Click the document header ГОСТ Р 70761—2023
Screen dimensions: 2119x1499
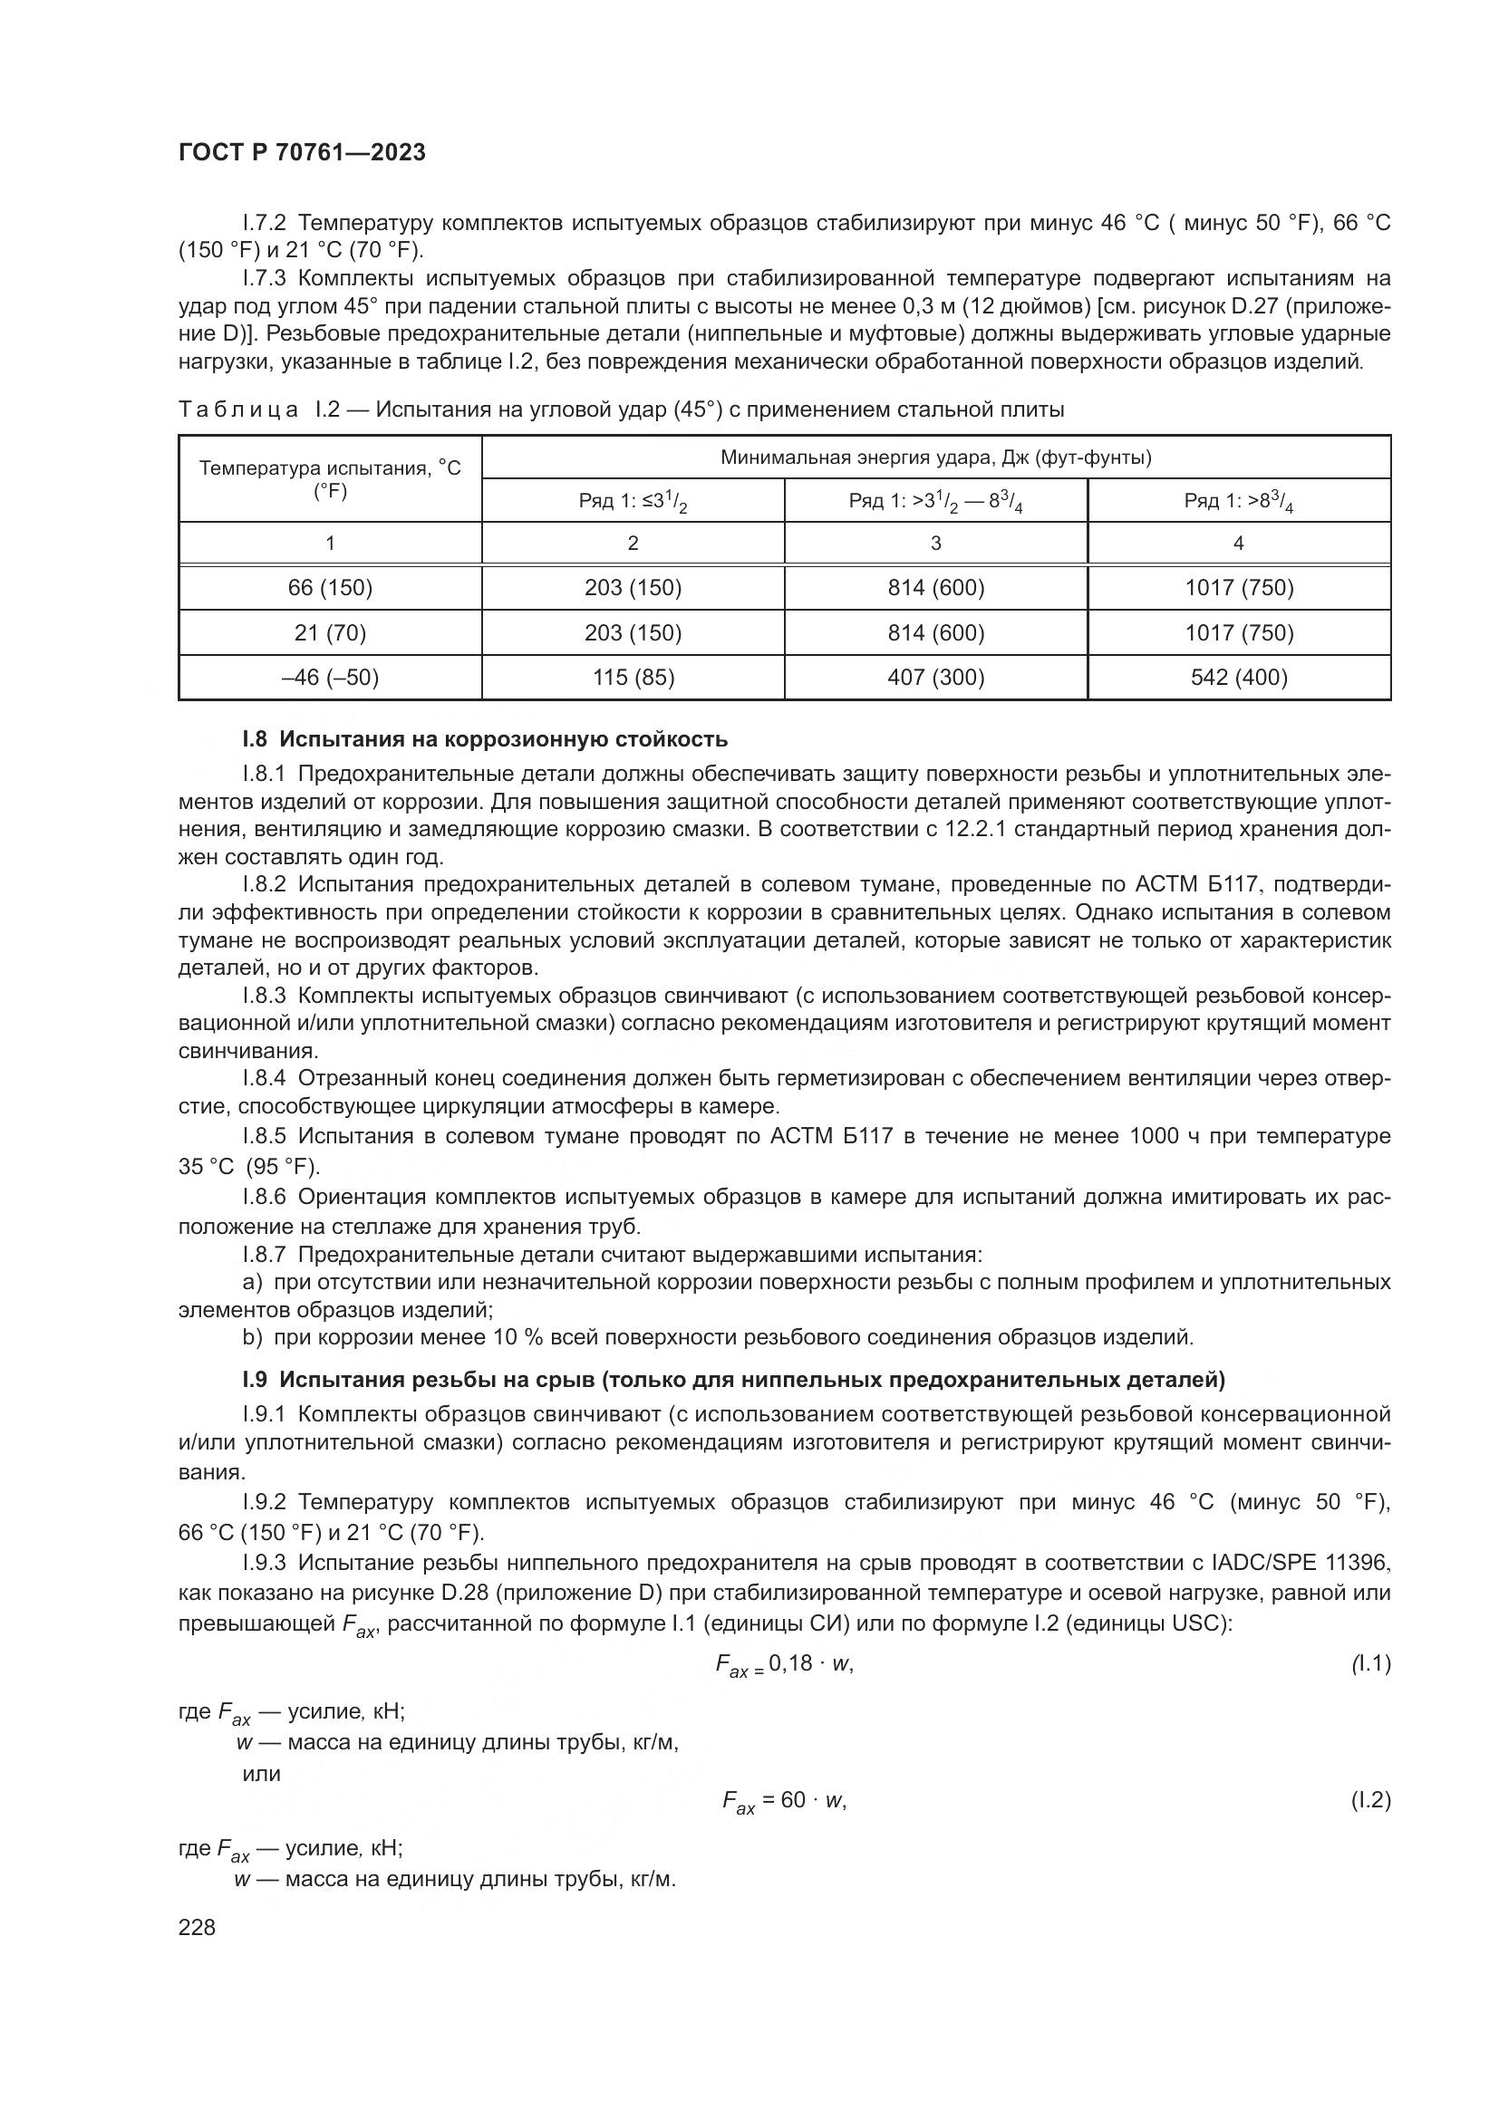[302, 153]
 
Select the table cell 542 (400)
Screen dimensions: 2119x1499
[1239, 678]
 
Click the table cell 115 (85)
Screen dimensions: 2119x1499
[633, 678]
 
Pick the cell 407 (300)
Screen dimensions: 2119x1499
[936, 678]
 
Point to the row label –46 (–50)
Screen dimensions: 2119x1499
[331, 678]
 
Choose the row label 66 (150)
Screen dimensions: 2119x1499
[331, 588]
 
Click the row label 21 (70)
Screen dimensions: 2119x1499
[331, 633]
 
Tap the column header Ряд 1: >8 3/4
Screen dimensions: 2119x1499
[1239, 501]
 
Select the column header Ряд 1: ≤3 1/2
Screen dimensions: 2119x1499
[633, 501]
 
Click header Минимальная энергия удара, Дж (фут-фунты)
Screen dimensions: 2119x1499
[936, 458]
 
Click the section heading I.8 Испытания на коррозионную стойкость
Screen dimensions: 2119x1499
[485, 739]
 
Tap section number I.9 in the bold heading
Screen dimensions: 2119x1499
[255, 1380]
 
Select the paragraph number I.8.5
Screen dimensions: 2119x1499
[264, 1136]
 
